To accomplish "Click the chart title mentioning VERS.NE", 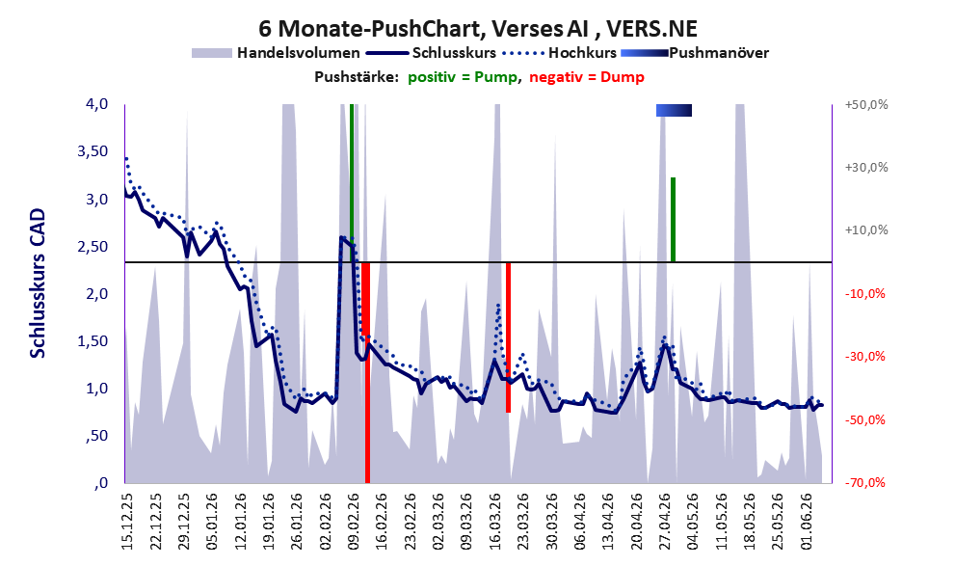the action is coord(478,28).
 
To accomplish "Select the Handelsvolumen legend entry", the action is coord(276,53).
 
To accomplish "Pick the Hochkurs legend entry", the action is coord(560,53).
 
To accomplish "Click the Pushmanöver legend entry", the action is coord(695,53).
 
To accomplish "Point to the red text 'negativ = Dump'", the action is coord(587,77).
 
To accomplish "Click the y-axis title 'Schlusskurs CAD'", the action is coord(38,283).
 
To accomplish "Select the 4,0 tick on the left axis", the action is coord(96,104).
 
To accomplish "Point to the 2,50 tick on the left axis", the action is coord(93,246).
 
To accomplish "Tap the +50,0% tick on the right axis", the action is coord(866,105).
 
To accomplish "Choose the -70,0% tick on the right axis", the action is coord(864,482).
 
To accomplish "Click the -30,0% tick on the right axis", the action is coord(864,357).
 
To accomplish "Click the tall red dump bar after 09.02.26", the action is coord(366,372).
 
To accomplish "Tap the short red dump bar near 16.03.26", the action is coord(508,337).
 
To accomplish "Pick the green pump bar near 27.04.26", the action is coord(673,220).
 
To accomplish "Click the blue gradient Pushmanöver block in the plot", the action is coord(674,110).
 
